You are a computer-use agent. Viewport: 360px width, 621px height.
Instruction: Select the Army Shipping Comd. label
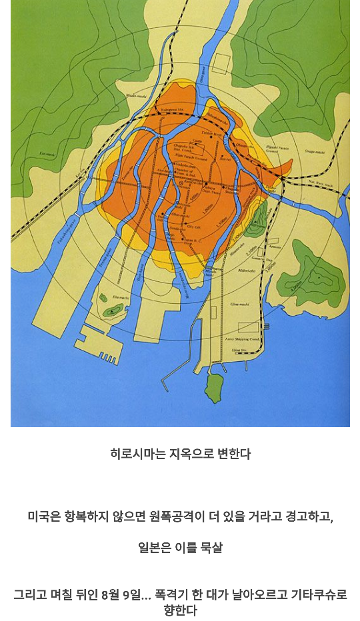[245, 339]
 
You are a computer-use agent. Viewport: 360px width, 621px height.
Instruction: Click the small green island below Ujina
[214, 388]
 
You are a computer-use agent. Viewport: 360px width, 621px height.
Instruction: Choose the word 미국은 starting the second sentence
[43, 516]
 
